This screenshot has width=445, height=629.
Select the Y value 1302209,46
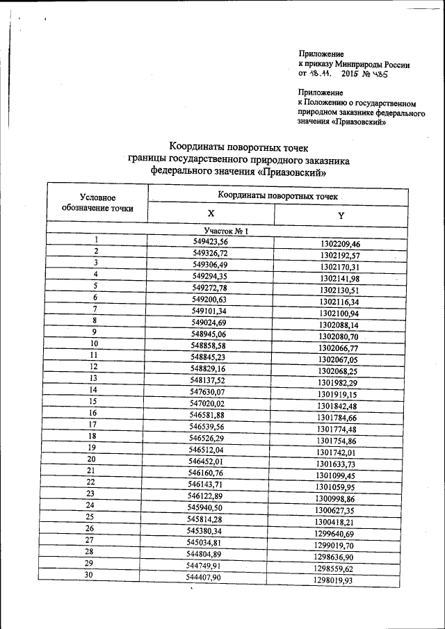[340, 244]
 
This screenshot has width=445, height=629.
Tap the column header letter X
[211, 214]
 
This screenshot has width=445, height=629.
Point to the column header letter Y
[341, 215]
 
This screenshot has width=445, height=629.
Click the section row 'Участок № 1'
[226, 230]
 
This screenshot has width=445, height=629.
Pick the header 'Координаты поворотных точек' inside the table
[277, 196]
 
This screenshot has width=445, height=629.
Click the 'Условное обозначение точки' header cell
[97, 203]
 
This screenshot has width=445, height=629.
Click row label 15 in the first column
[92, 401]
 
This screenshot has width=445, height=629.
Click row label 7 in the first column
[94, 309]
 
